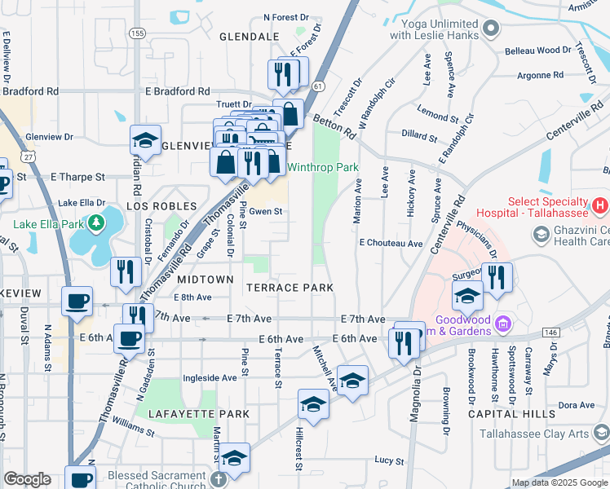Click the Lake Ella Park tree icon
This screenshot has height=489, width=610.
pyautogui.click(x=96, y=222)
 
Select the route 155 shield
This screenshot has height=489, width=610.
pyautogui.click(x=136, y=33)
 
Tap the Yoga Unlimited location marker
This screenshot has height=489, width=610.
pyautogui.click(x=490, y=29)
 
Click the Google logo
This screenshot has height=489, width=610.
pyautogui.click(x=27, y=479)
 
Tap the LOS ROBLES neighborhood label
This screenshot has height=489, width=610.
pyautogui.click(x=161, y=206)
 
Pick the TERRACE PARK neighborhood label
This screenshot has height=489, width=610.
pyautogui.click(x=290, y=288)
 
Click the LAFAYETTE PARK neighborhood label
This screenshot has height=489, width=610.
pyautogui.click(x=198, y=414)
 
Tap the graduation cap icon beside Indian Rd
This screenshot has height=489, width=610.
pyautogui.click(x=145, y=141)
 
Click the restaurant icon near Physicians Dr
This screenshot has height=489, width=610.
pyautogui.click(x=497, y=278)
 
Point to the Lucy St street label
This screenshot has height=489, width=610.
pyautogui.click(x=390, y=460)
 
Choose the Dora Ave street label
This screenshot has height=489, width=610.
pyautogui.click(x=577, y=404)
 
